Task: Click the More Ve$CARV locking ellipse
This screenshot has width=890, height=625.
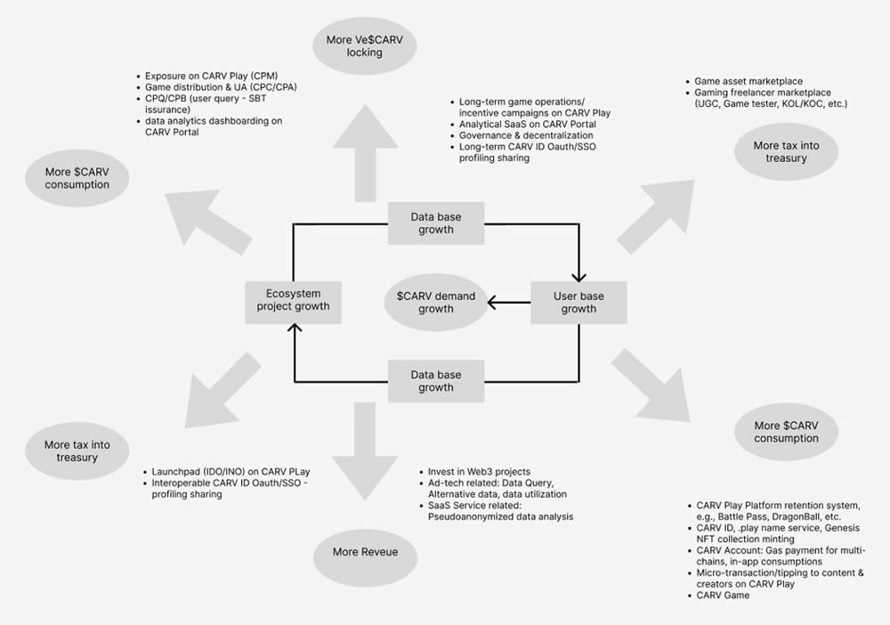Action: click(x=365, y=46)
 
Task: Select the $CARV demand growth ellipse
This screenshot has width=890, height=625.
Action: click(x=436, y=303)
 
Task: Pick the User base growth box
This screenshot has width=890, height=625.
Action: click(x=578, y=303)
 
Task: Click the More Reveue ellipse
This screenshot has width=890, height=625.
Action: click(x=365, y=552)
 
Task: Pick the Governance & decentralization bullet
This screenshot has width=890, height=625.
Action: click(x=526, y=135)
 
